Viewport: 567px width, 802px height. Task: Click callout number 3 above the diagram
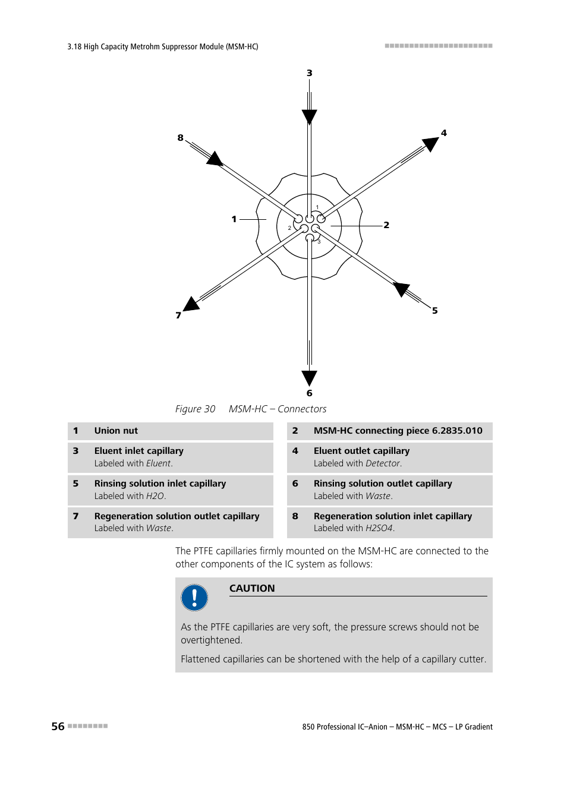(309, 73)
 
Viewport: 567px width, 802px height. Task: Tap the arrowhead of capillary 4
(430, 144)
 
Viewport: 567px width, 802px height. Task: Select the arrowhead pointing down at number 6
(309, 377)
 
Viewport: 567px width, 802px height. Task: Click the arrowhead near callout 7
(191, 304)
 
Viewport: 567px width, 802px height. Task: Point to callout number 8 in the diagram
(181, 138)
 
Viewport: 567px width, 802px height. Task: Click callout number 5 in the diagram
(435, 311)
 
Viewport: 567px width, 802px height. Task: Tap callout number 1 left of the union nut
(234, 219)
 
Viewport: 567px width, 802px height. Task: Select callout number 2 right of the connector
(386, 225)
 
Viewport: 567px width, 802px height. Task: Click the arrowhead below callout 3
(309, 116)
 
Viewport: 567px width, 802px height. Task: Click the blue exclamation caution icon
(194, 598)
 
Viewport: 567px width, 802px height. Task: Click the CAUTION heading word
(252, 588)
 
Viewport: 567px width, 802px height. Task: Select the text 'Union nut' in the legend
(116, 431)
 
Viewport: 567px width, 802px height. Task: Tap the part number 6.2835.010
(457, 431)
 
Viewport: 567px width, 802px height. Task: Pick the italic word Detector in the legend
(383, 463)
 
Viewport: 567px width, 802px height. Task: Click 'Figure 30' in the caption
(195, 409)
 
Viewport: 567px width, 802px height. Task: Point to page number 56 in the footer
(58, 726)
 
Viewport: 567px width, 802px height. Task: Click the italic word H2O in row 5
(155, 496)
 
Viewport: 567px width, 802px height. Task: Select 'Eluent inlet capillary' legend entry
(138, 451)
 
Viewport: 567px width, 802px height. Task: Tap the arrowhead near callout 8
(215, 159)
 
